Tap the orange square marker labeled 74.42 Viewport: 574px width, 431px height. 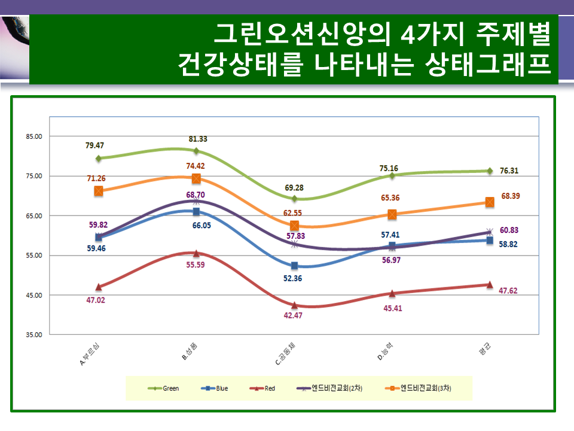[197, 178]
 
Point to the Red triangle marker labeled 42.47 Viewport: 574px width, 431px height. [294, 305]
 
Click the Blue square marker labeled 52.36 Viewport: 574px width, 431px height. [294, 266]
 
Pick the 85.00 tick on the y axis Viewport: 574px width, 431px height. [35, 136]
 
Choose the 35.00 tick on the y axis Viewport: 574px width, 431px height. [35, 335]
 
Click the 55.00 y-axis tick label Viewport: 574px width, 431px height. [35, 256]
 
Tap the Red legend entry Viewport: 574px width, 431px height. [262, 388]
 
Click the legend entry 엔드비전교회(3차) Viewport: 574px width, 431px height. [419, 388]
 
